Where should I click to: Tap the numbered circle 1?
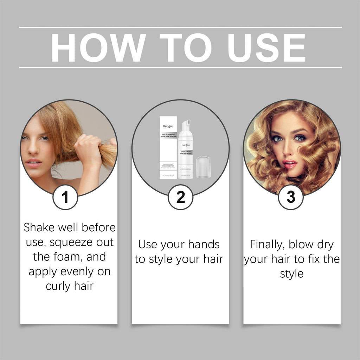tap(65, 197)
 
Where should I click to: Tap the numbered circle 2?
tap(180, 197)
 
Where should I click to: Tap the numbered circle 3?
tap(291, 197)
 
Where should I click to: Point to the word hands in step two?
tap(204, 244)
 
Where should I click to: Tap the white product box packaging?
tap(168, 148)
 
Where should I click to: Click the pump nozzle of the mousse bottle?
tap(186, 124)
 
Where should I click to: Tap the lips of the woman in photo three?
tap(290, 163)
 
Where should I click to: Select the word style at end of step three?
tap(291, 274)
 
